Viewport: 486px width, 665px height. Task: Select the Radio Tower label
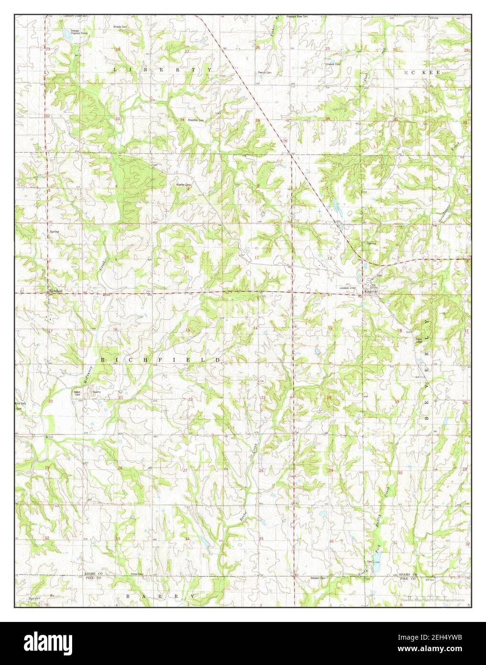419,340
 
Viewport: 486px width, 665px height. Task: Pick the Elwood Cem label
333,64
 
